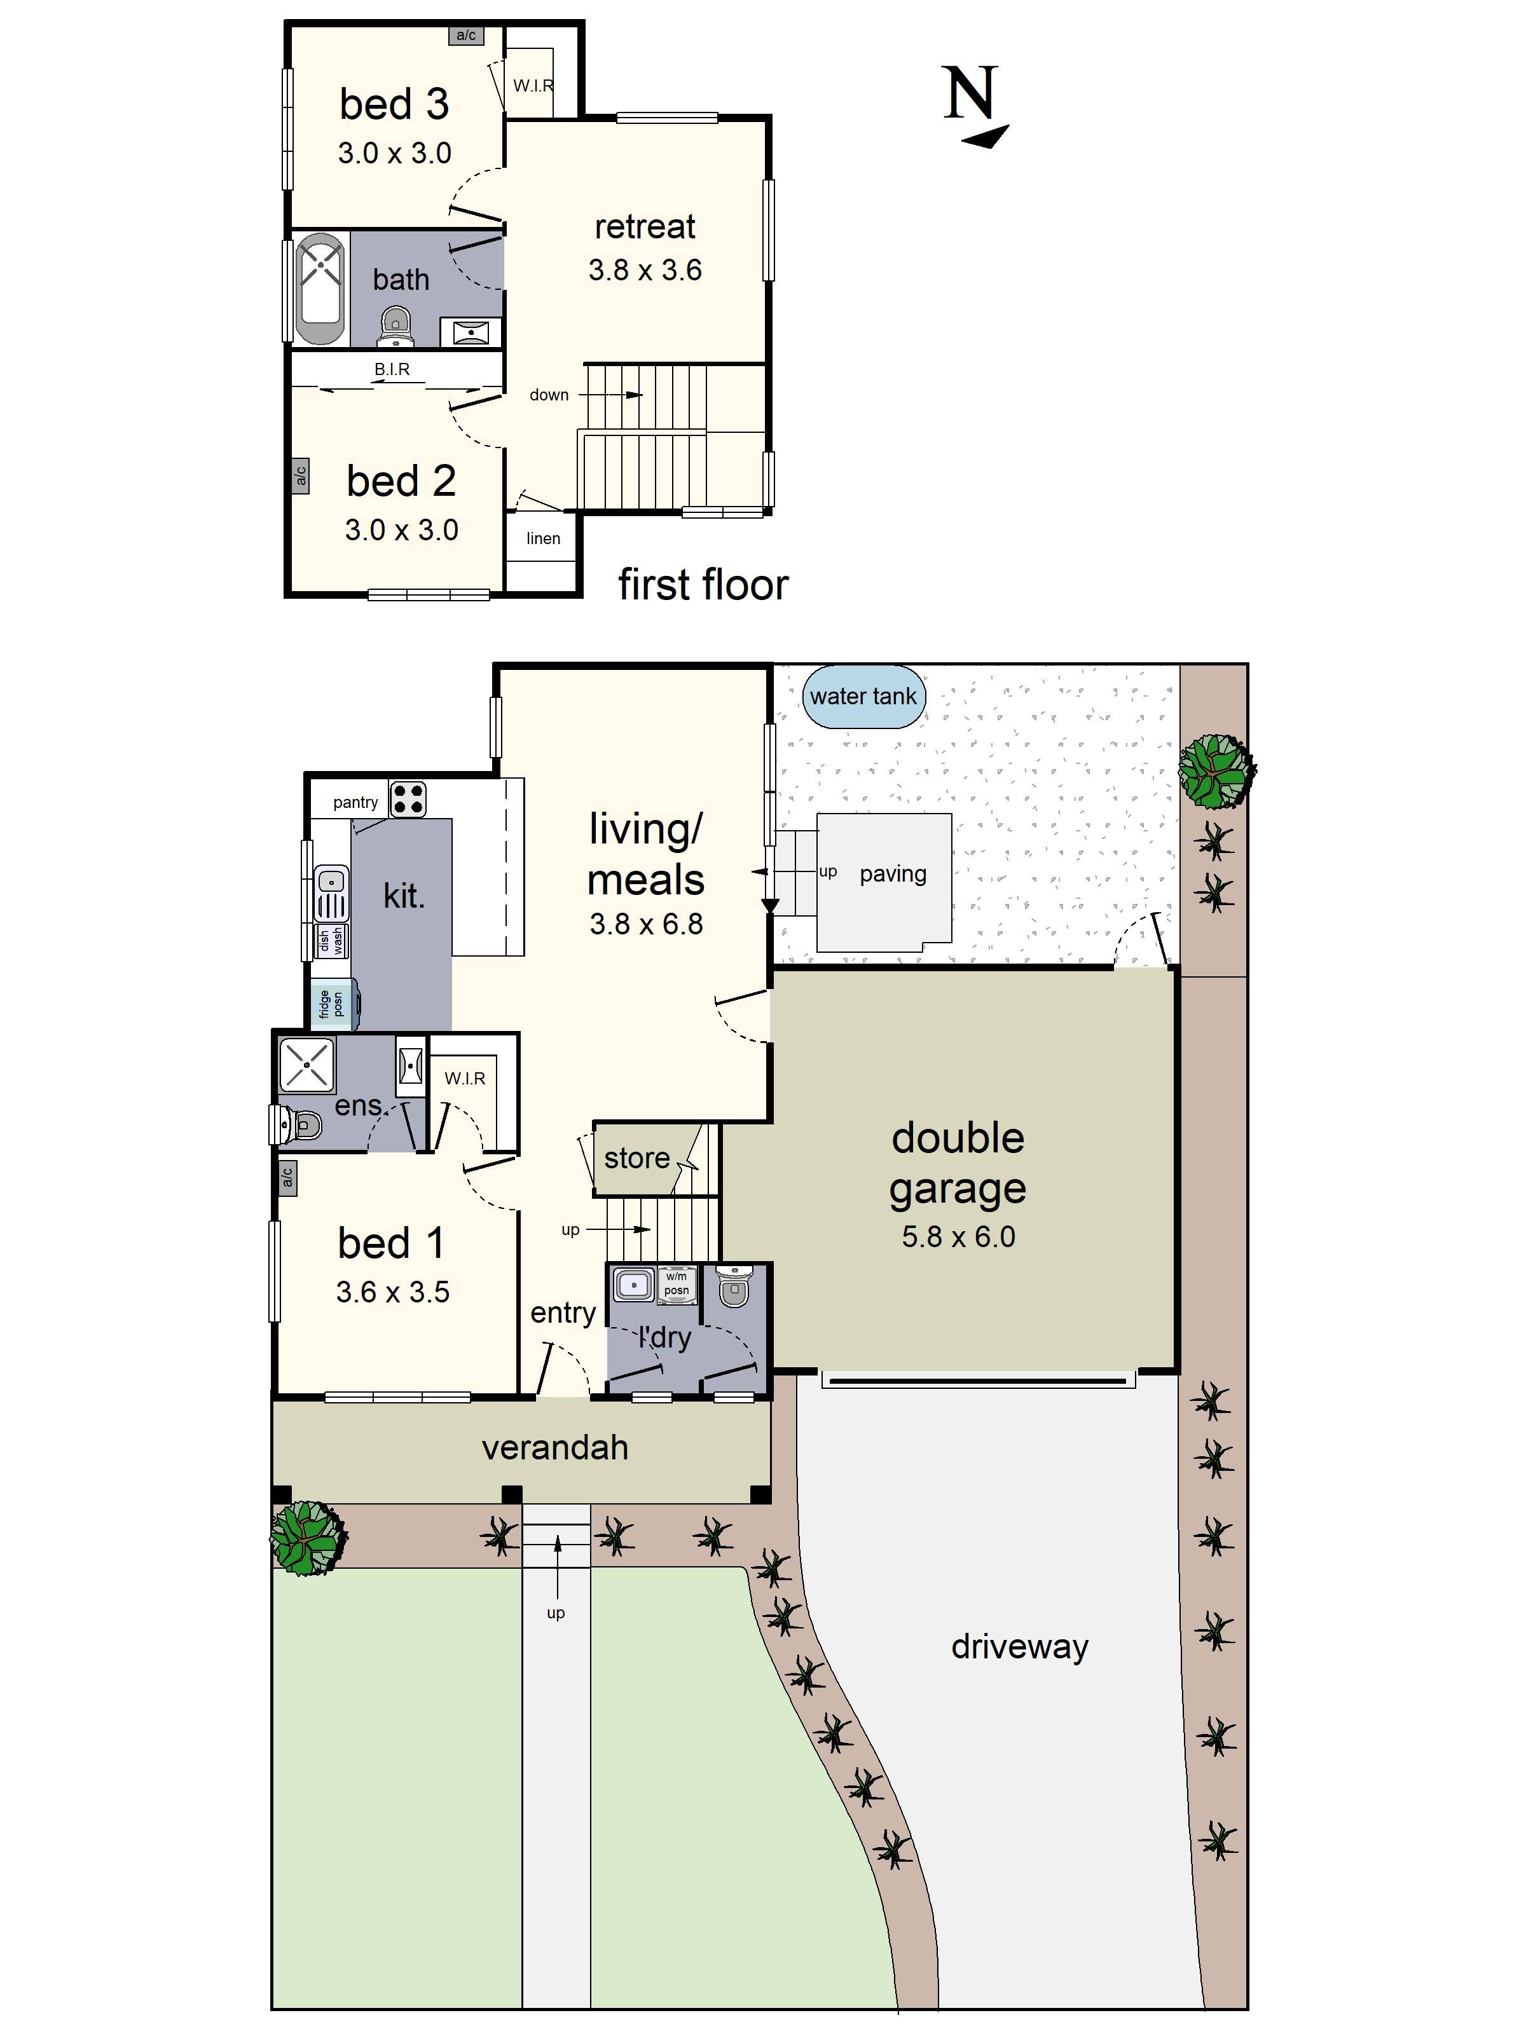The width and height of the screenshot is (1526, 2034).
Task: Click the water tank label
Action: click(x=862, y=696)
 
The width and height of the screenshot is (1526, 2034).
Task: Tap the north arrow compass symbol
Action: click(x=975, y=105)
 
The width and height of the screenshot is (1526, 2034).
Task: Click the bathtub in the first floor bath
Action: click(x=319, y=288)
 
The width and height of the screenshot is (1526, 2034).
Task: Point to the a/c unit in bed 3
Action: click(x=466, y=35)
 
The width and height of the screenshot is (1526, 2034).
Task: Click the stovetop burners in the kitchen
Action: click(x=408, y=799)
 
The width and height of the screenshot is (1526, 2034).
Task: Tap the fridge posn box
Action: click(x=332, y=1004)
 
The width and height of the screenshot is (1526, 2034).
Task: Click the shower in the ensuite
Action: click(x=306, y=1065)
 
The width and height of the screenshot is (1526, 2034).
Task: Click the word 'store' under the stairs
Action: click(x=636, y=1157)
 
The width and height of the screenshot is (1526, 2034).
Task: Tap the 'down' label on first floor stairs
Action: click(x=549, y=395)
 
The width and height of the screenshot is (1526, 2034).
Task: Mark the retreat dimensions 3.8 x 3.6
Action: click(x=645, y=270)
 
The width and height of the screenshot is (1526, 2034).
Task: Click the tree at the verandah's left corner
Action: click(x=307, y=1536)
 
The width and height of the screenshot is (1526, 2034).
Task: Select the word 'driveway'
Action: click(x=1019, y=1647)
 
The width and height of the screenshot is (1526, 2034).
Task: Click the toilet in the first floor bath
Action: click(x=395, y=327)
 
